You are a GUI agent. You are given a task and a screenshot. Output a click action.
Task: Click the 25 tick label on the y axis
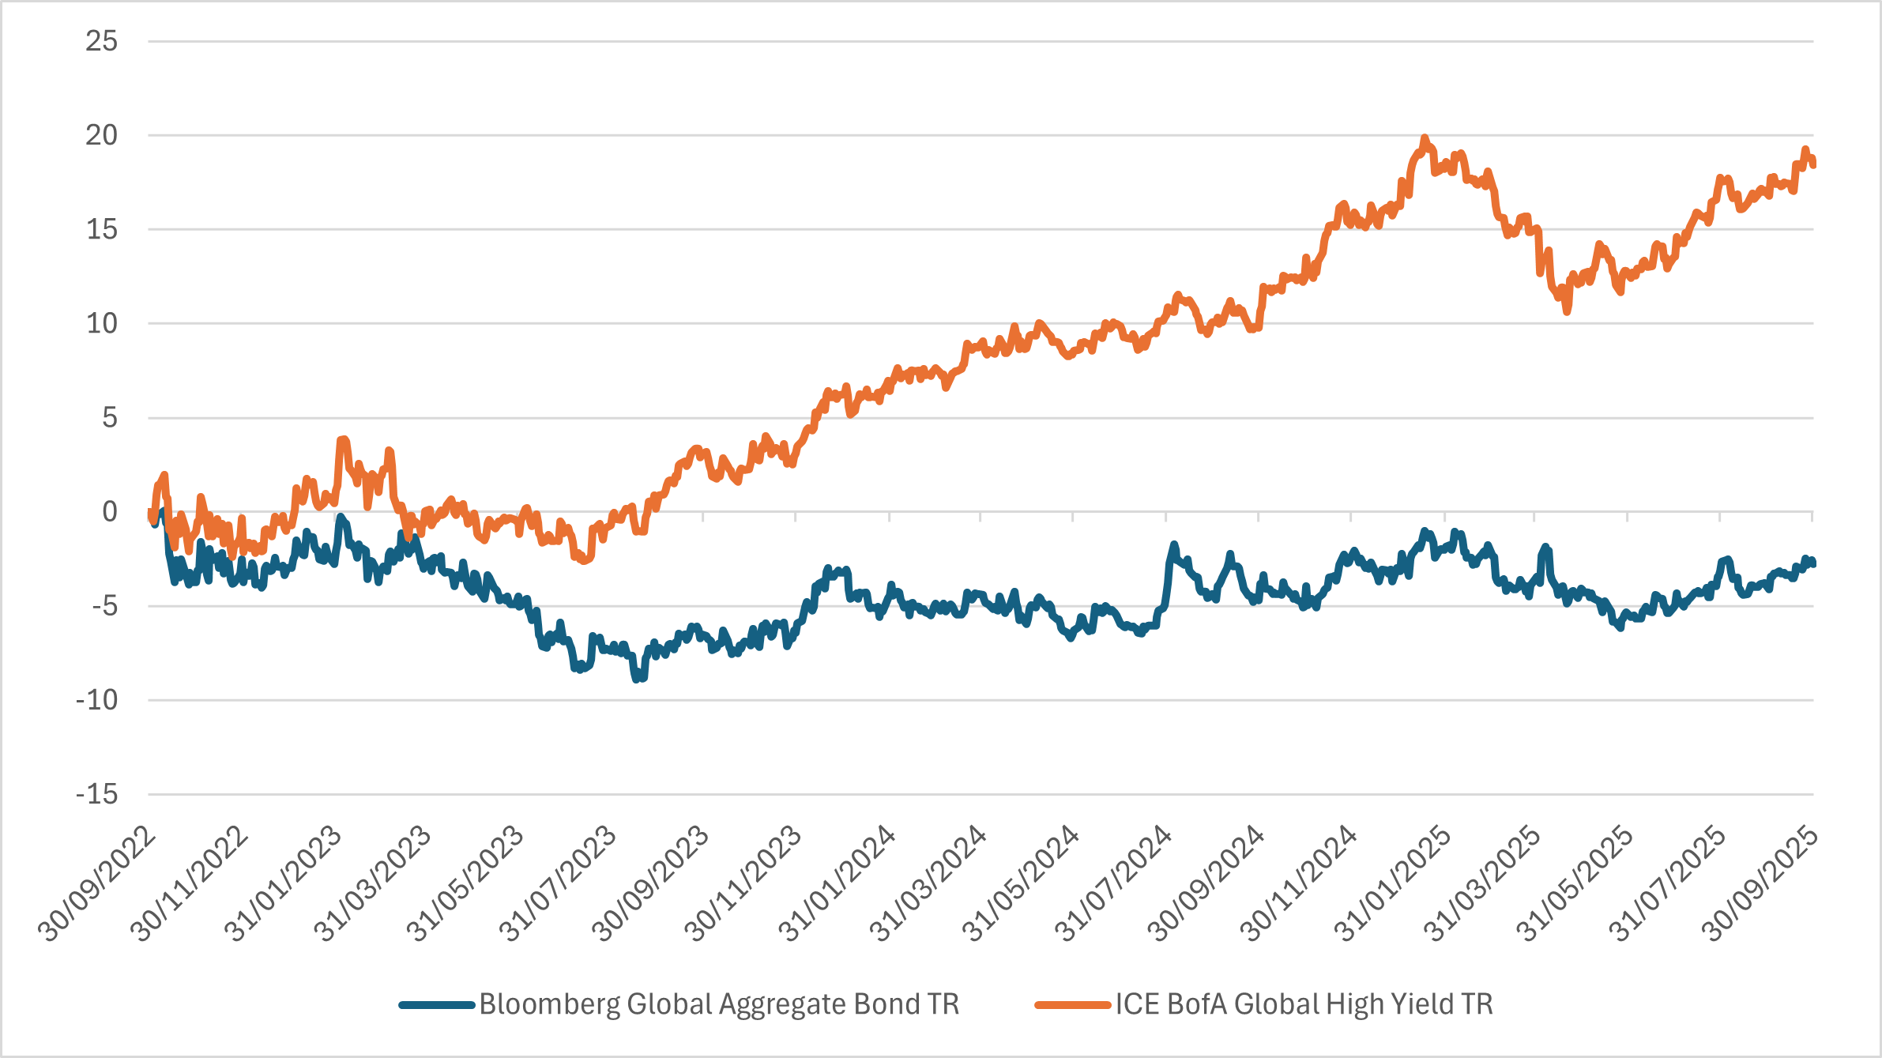(101, 41)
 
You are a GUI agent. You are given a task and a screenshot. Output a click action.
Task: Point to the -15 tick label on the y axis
(96, 794)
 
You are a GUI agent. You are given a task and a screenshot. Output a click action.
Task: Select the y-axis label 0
(109, 512)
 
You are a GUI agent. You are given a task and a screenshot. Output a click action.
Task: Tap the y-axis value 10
(101, 323)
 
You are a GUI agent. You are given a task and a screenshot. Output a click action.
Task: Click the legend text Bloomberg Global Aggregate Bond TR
(718, 1004)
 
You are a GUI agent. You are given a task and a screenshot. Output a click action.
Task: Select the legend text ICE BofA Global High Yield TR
(1304, 1004)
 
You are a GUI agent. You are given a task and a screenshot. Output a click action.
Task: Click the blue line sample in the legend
(437, 1005)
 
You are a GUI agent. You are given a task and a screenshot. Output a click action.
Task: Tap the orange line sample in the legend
(1073, 1005)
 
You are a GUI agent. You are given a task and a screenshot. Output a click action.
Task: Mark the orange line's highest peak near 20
(1425, 138)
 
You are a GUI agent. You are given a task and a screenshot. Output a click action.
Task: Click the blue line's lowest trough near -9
(637, 678)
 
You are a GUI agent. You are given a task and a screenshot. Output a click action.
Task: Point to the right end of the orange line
(1813, 164)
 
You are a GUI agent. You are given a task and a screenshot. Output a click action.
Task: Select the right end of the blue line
(1813, 563)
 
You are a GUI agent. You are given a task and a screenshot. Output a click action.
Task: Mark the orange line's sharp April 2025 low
(1567, 311)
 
